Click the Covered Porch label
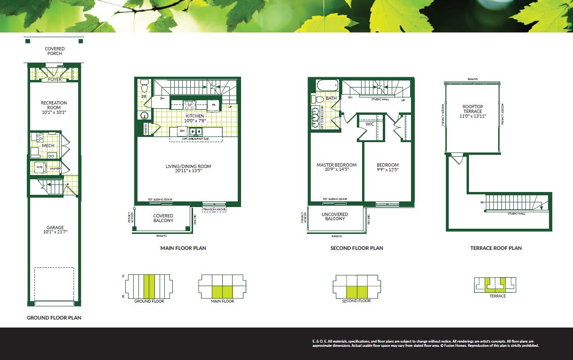click(x=55, y=51)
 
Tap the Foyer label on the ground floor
click(x=55, y=80)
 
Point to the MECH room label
click(x=48, y=146)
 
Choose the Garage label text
click(x=55, y=228)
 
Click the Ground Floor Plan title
click(x=54, y=318)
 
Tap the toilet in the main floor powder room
click(x=145, y=86)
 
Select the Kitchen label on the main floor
click(x=194, y=116)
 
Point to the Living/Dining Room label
click(x=188, y=166)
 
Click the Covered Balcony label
click(x=163, y=218)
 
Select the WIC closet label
click(x=370, y=124)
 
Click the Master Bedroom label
click(x=336, y=165)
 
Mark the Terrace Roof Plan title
click(x=496, y=248)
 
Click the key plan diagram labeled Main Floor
click(x=222, y=286)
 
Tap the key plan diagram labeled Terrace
click(x=497, y=285)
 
